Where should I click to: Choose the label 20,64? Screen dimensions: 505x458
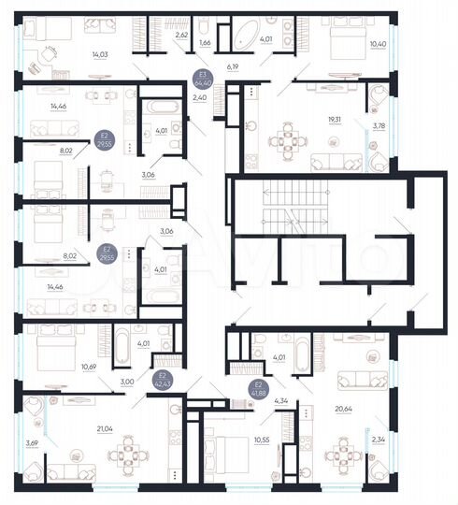click(x=343, y=409)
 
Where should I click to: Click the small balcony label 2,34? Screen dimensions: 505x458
click(x=377, y=438)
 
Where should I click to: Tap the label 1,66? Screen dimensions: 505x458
click(x=206, y=43)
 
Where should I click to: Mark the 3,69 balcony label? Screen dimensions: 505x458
click(x=33, y=442)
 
